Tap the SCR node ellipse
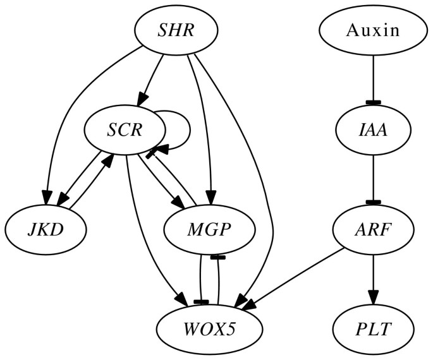[x=125, y=130]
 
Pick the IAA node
[x=374, y=130]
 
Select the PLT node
[x=374, y=329]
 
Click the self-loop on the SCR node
[x=183, y=130]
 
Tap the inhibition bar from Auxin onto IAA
[x=374, y=102]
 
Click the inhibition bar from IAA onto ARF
[x=374, y=201]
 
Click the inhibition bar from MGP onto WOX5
[x=201, y=302]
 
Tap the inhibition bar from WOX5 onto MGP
[x=218, y=257]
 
